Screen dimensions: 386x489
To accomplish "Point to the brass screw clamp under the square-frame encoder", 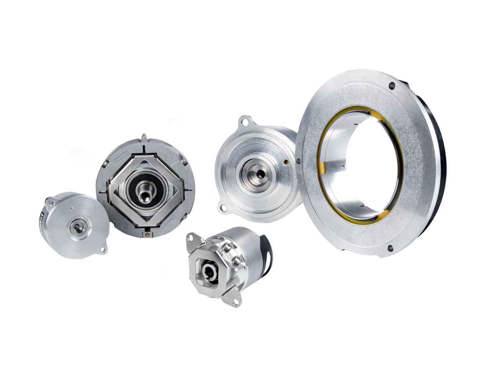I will pos(147,234).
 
